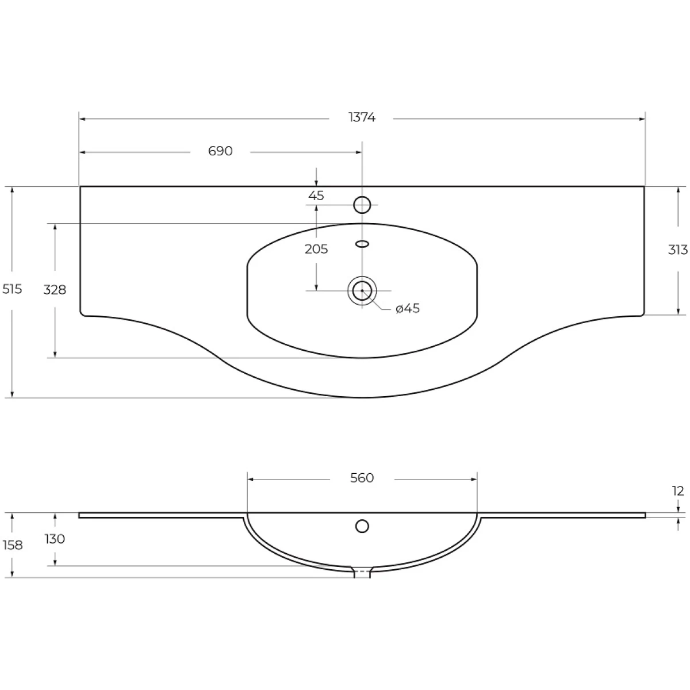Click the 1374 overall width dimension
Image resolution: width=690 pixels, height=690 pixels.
click(362, 118)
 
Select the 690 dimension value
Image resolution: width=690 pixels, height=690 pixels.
click(220, 151)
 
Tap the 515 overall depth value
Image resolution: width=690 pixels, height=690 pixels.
click(12, 289)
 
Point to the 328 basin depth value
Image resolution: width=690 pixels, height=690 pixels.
click(55, 290)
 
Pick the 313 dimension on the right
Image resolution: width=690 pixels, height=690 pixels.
click(678, 250)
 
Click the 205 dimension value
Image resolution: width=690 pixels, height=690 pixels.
click(316, 249)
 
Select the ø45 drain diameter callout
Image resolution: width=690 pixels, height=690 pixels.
click(408, 309)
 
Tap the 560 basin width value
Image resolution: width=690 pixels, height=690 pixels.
click(362, 478)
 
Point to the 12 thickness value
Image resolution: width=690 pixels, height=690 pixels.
click(678, 491)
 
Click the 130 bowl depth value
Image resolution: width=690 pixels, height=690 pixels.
click(55, 539)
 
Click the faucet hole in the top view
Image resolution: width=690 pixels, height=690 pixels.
click(362, 204)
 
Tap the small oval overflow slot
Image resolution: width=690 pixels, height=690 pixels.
click(362, 244)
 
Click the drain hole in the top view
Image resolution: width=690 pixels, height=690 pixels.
click(362, 290)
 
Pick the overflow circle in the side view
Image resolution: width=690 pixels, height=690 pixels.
click(362, 526)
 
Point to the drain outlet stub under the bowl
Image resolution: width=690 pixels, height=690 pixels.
click(362, 572)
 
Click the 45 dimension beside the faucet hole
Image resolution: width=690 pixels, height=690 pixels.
click(316, 195)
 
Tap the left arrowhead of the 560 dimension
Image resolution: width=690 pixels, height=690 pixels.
click(251, 478)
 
